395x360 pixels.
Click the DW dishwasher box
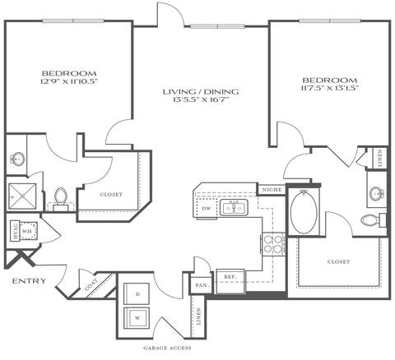point(207,210)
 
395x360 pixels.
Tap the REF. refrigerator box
point(230,278)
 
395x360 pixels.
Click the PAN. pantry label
point(201,285)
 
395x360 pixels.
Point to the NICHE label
point(272,190)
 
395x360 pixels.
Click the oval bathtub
point(304,213)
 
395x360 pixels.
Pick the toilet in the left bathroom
point(59,197)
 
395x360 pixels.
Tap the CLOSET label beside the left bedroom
point(111,196)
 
